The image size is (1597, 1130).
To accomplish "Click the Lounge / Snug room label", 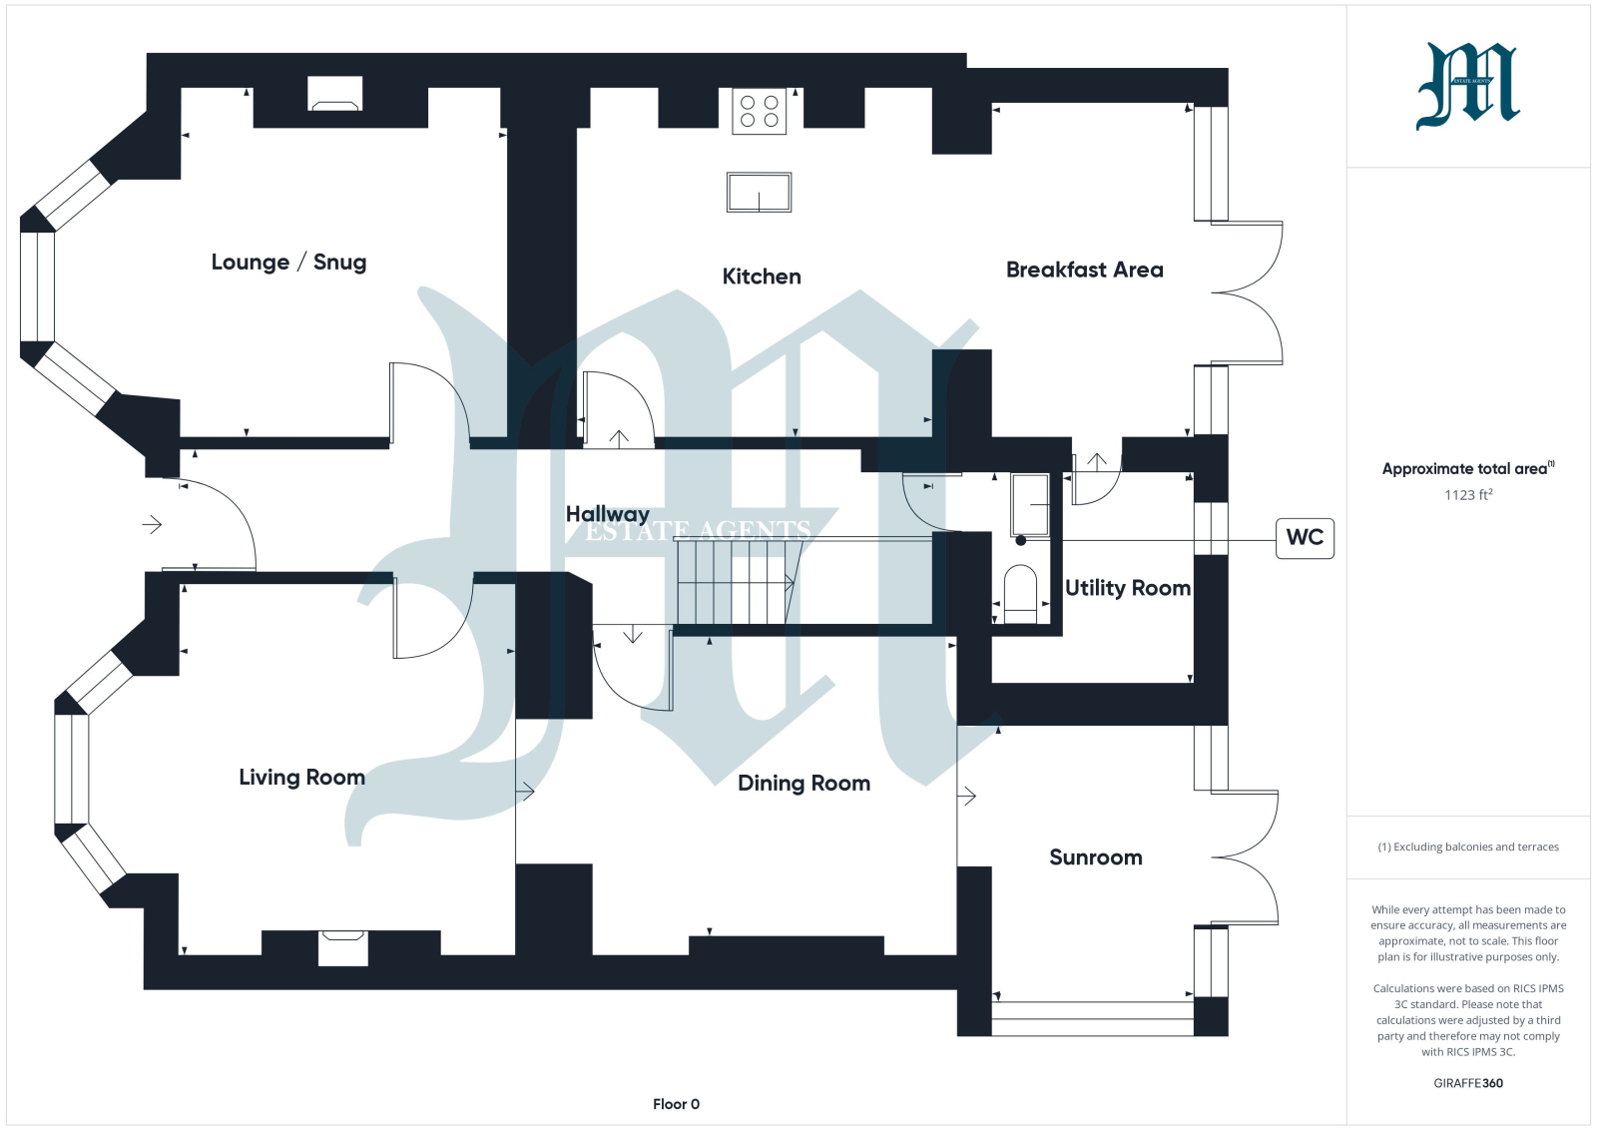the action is pyautogui.click(x=288, y=263).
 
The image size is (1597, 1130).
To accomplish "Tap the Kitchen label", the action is pyautogui.click(x=762, y=277).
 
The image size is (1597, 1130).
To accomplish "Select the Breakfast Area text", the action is pyautogui.click(x=1084, y=271).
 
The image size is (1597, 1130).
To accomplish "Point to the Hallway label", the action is pyautogui.click(x=608, y=514).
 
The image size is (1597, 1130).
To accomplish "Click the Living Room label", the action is pyautogui.click(x=301, y=777).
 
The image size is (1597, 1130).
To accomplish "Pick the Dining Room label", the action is pyautogui.click(x=803, y=784).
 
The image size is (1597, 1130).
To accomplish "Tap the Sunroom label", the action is pyautogui.click(x=1096, y=856).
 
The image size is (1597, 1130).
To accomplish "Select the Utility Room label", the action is pyautogui.click(x=1127, y=588).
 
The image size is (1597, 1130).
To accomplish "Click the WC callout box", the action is pyautogui.click(x=1305, y=538).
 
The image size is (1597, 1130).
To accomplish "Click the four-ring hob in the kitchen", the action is pyautogui.click(x=760, y=111).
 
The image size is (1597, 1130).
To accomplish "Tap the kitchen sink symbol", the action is pyautogui.click(x=759, y=193).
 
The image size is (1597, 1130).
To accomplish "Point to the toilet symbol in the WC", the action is pyautogui.click(x=1020, y=595).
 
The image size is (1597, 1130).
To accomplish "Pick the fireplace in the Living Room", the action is pyautogui.click(x=343, y=948).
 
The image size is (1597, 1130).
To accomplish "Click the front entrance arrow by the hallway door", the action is pyautogui.click(x=152, y=525).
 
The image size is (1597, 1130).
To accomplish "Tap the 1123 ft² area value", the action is pyautogui.click(x=1468, y=495).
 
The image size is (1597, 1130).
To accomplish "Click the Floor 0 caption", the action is pyautogui.click(x=676, y=1104).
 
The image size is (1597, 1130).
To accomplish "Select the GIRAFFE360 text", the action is pyautogui.click(x=1468, y=1083).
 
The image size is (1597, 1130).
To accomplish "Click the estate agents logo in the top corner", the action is pyautogui.click(x=1468, y=86).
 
